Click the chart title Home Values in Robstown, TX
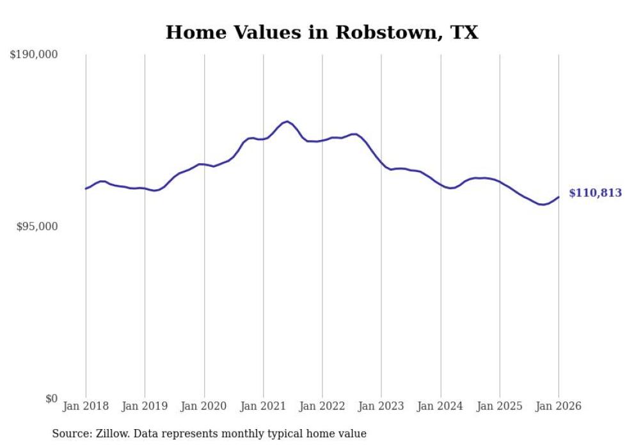(x=322, y=33)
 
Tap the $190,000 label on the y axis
(x=34, y=55)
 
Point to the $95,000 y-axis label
(x=36, y=227)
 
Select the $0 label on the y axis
(x=52, y=399)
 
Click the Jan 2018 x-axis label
(x=86, y=407)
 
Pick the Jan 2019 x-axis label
(x=145, y=407)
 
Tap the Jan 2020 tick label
(x=204, y=407)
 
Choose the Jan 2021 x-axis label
(x=263, y=407)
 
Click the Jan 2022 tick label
(x=322, y=407)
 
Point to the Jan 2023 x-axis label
(x=381, y=407)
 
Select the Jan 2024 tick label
(x=441, y=407)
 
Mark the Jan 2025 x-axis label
(x=500, y=407)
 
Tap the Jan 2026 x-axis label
(x=559, y=407)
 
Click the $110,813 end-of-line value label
(x=595, y=193)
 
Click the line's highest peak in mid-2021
(x=287, y=121)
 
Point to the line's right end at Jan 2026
(x=559, y=197)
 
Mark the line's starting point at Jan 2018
(x=86, y=189)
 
